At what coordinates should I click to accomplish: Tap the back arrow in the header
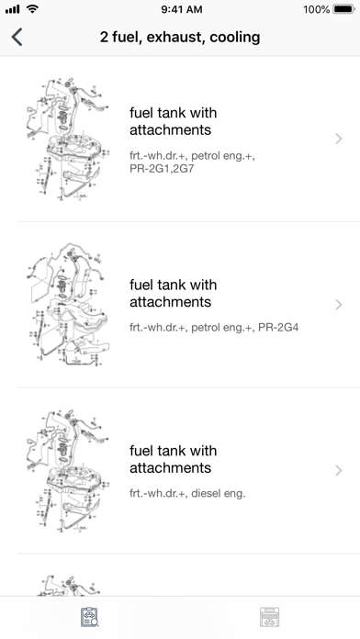click(x=17, y=37)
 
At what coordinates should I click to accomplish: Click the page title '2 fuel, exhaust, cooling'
click(x=180, y=37)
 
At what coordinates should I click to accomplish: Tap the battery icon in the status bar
click(x=343, y=9)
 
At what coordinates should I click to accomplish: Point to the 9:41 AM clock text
click(x=182, y=9)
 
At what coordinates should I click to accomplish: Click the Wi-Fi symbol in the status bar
click(x=32, y=8)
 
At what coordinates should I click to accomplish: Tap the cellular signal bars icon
click(x=12, y=9)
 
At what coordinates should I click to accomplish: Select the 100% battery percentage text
click(x=316, y=9)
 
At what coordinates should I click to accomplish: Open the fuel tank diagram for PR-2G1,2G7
click(x=68, y=139)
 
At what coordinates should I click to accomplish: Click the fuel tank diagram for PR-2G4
click(x=68, y=305)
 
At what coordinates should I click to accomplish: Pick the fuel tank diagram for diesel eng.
click(x=68, y=470)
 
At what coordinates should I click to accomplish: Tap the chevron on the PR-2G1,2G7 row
click(x=338, y=139)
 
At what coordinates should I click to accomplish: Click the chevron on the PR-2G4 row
click(x=338, y=305)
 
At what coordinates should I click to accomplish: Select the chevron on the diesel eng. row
click(x=338, y=471)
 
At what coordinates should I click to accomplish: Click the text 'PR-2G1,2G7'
click(x=162, y=168)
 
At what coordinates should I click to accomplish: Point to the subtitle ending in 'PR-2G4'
click(x=214, y=327)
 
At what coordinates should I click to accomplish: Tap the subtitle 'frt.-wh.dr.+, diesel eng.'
click(x=187, y=494)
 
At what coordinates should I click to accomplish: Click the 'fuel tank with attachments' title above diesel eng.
click(x=174, y=459)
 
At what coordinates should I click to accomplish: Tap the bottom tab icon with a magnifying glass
click(x=90, y=617)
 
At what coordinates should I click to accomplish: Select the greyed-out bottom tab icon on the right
click(x=270, y=617)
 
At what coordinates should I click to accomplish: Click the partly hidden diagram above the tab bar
click(x=68, y=586)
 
